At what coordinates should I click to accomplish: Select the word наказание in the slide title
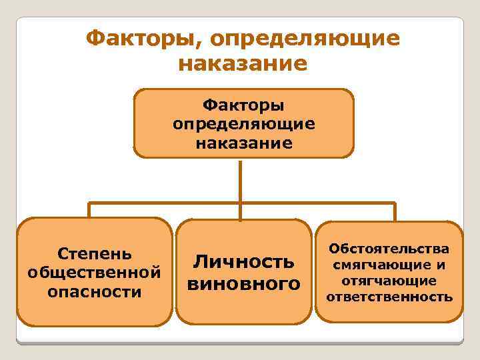(x=243, y=63)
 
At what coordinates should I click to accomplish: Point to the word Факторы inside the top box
(x=243, y=105)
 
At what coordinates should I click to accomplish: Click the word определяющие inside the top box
(x=243, y=124)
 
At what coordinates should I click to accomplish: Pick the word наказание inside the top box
(x=243, y=143)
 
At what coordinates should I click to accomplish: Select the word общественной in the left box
(x=94, y=273)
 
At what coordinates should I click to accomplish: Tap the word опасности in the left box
(x=94, y=291)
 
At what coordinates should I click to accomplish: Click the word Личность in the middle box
(x=243, y=261)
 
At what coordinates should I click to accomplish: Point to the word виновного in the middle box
(x=243, y=284)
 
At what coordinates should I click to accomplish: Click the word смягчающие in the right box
(x=381, y=265)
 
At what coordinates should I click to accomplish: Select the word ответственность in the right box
(x=389, y=297)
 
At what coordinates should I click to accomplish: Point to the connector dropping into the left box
(x=89, y=211)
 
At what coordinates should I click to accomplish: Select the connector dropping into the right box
(x=395, y=211)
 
